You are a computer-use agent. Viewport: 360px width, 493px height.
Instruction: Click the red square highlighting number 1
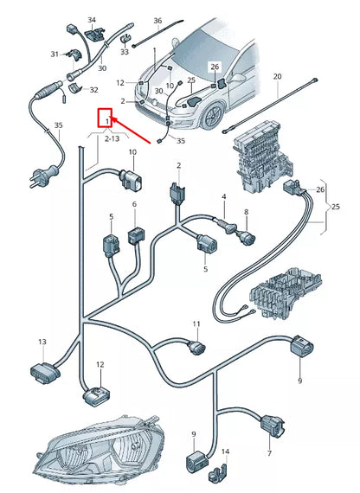pos(105,118)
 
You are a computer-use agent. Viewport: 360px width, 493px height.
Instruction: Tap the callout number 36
pos(157,21)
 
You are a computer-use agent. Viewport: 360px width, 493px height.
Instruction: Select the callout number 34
pos(92,20)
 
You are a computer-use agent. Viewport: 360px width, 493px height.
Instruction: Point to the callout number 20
pos(277,76)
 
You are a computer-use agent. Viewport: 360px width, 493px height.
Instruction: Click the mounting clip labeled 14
pos(219,471)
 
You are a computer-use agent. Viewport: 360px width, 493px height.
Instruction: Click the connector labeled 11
pos(196,348)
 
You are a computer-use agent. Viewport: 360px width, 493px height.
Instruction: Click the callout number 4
pos(224,197)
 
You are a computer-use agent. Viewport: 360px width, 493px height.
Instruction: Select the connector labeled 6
pos(136,235)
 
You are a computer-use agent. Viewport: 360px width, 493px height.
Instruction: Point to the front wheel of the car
pos(214,116)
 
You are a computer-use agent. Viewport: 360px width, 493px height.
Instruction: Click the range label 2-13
pos(112,138)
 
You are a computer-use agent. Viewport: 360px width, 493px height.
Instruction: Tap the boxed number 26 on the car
pos(215,67)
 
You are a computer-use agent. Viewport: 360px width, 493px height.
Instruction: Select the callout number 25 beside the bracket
pos(336,207)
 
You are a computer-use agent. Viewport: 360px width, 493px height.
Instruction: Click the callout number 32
pos(93,90)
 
